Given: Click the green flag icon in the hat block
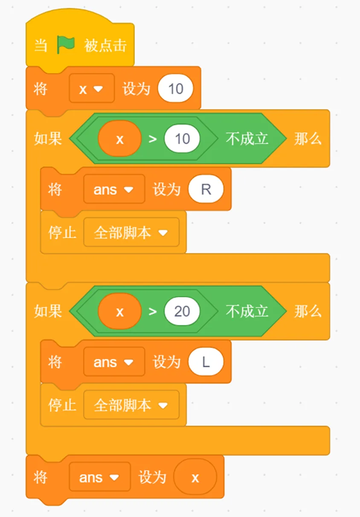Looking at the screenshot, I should click(66, 45).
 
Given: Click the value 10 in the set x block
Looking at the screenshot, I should click(175, 89).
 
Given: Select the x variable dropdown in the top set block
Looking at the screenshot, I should click(92, 89).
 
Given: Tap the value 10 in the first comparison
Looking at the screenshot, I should click(182, 139).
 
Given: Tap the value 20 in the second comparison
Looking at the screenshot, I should click(182, 311).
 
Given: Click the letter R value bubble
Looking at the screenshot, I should click(206, 189).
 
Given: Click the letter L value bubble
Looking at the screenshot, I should click(206, 362).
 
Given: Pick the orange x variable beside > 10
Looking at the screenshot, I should click(119, 139).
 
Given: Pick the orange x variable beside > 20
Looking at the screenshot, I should click(119, 311).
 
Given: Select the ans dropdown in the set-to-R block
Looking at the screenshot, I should click(114, 189).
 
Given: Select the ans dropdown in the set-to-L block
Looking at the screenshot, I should click(114, 362).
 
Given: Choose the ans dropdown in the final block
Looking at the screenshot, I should click(100, 477).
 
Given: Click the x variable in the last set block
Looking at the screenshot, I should click(195, 477).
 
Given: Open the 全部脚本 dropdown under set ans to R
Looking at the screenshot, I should click(131, 233).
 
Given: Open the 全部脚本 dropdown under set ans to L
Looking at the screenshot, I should click(131, 405).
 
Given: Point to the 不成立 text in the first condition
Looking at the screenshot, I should click(247, 139).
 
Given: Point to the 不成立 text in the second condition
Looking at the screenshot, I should click(247, 311).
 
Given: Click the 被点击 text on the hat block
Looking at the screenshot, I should click(105, 45).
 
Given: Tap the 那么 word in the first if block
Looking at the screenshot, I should click(308, 139).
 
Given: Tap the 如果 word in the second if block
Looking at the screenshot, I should click(48, 311).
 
